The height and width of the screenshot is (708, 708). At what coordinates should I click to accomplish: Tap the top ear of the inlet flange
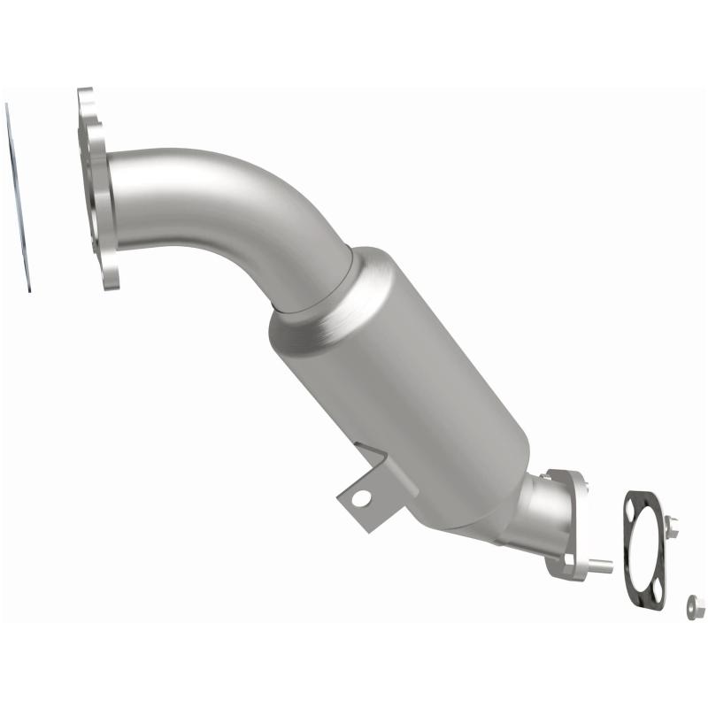pos(85,99)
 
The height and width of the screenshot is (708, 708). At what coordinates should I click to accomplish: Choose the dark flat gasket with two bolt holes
pos(646,549)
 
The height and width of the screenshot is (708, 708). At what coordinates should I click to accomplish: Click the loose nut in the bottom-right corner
pos(696,606)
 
